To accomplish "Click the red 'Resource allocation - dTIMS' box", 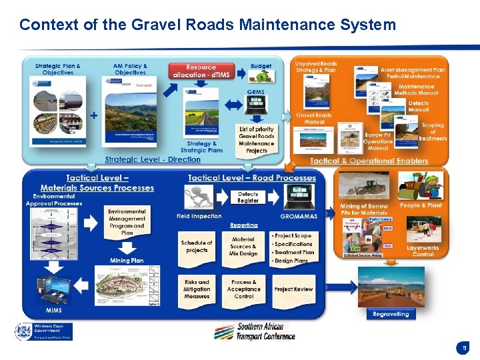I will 201,71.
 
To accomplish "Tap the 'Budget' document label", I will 261,67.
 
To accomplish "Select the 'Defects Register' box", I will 248,197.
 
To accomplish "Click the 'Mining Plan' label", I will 127,260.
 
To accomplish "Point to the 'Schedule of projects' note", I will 197,247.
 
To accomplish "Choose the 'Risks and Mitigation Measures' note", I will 197,289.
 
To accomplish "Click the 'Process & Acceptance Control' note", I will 243,289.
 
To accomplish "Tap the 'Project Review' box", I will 293,289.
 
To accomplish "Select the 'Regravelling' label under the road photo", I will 391,314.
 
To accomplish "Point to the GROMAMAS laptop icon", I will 298,197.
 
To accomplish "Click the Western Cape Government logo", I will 44,331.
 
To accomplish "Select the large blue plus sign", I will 93,115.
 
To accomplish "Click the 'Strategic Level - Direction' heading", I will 153,160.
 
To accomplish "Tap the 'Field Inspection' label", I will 199,217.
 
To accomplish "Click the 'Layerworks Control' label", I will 423,251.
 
